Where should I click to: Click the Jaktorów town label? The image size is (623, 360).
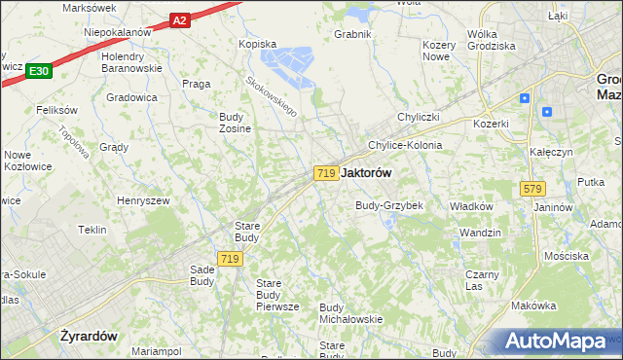point(368,172)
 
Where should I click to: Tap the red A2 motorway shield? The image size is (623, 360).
point(179,19)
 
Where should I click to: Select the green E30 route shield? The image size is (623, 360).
point(39,71)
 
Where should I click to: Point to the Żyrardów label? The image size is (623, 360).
point(88,336)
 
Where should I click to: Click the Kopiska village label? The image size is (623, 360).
point(258,44)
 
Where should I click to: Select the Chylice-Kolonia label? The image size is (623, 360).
point(404,145)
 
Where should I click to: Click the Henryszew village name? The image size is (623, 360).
point(142,199)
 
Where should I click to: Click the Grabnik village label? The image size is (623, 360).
point(353,34)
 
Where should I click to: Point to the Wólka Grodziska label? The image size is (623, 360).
point(491,40)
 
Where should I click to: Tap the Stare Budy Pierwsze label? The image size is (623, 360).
point(276,295)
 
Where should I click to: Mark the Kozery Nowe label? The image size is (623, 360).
point(439,52)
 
